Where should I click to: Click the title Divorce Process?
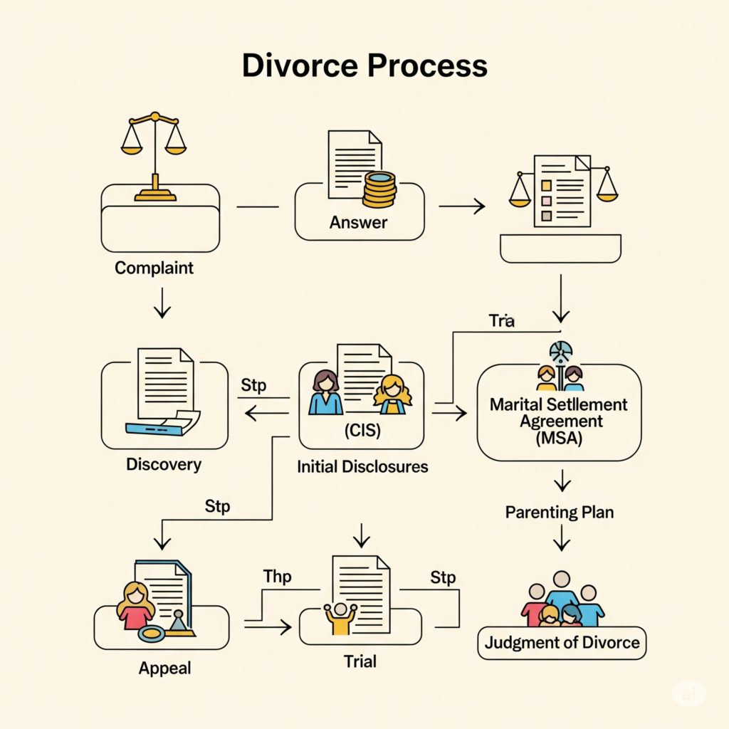coord(364,65)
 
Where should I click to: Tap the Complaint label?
coord(154,268)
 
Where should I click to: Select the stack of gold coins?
coord(379,189)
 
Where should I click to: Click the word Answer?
coord(358,223)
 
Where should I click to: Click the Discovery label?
coord(164,465)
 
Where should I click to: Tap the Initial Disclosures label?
coord(362,467)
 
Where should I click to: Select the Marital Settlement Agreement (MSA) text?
coord(558,421)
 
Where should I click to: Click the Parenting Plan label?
coord(560,512)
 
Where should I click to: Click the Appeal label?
coord(165,668)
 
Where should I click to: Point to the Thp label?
coord(277,576)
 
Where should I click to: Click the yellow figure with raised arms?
coord(340,618)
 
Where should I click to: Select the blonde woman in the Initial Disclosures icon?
coord(392,394)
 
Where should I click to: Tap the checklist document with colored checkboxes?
coord(562,192)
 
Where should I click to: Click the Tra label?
coord(501,320)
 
